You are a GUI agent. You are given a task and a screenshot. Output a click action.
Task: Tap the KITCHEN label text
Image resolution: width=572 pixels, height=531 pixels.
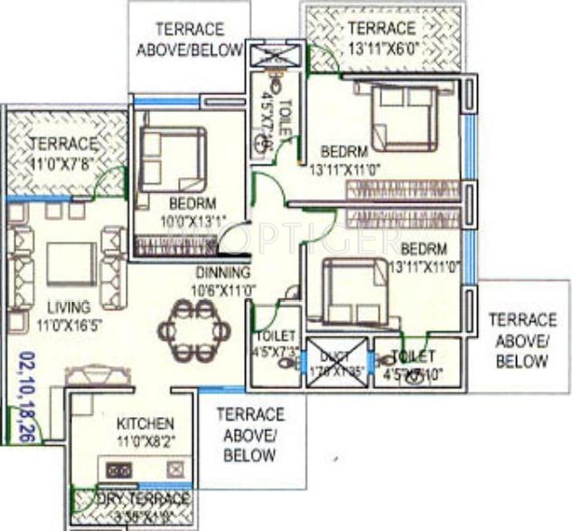[x=145, y=423]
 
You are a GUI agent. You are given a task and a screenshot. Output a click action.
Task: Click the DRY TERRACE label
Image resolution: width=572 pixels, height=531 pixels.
[x=132, y=499]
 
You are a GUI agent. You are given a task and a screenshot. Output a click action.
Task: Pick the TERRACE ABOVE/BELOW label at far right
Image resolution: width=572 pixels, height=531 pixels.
[x=522, y=340]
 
